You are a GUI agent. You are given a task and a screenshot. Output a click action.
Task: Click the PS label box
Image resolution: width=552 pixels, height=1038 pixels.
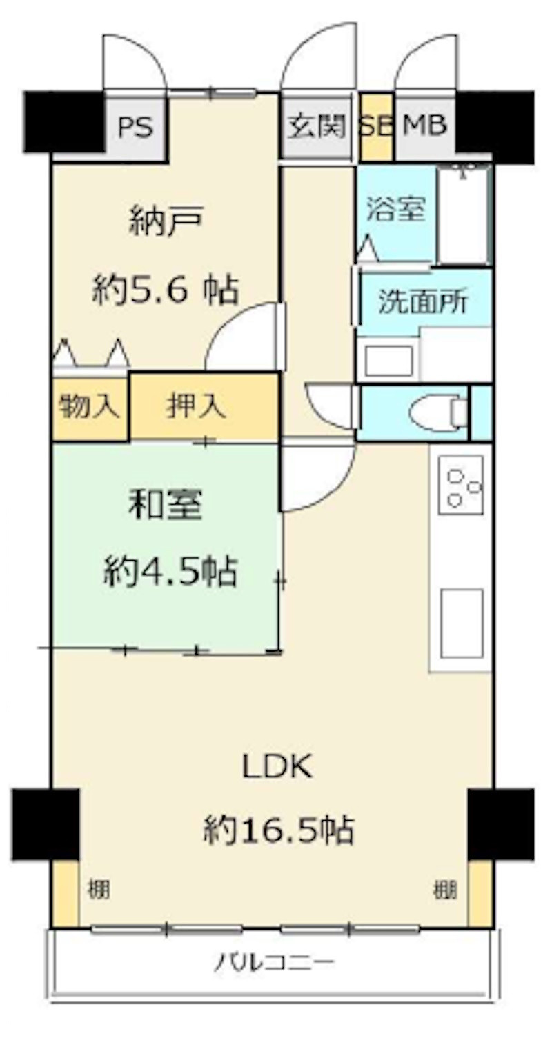tap(135, 127)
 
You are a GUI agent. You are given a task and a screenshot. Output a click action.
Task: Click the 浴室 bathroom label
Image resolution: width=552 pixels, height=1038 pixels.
tap(395, 208)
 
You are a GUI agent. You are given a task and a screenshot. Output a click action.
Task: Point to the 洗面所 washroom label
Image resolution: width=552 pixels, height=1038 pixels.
tap(424, 302)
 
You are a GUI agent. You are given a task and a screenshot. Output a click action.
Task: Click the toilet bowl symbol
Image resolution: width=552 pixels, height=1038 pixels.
tap(438, 413)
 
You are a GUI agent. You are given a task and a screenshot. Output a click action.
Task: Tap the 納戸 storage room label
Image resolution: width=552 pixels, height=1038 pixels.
tap(166, 222)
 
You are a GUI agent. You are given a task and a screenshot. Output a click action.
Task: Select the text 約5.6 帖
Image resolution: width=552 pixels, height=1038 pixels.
tap(166, 290)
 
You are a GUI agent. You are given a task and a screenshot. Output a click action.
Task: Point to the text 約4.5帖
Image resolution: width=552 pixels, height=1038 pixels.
tap(170, 571)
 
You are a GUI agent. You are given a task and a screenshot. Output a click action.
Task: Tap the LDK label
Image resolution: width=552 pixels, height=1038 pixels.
tap(277, 766)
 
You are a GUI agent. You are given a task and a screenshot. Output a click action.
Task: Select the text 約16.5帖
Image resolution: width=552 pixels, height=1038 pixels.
tap(279, 830)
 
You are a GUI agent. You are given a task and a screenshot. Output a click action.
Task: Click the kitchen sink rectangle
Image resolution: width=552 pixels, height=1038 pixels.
tap(462, 623)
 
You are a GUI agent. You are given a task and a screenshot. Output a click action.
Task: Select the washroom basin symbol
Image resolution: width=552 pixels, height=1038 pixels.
tap(388, 360)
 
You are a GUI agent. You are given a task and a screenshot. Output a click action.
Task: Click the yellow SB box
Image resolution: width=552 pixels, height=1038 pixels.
tap(376, 127)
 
